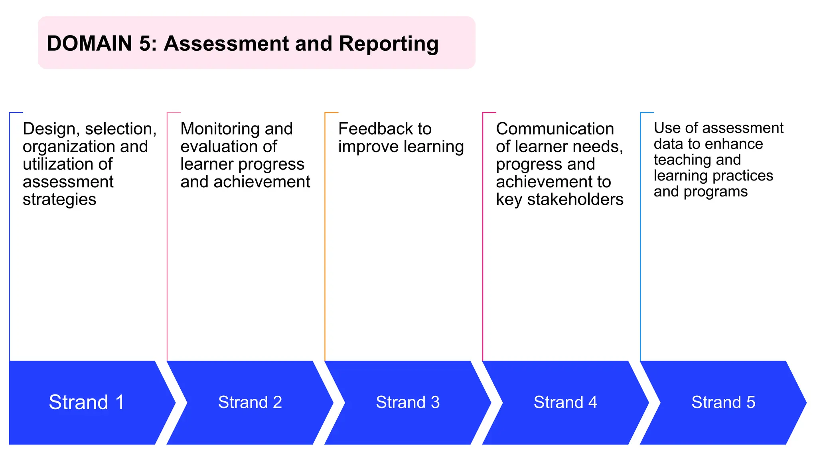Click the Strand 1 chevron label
point(87,402)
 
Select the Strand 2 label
point(250,402)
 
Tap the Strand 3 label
point(408,402)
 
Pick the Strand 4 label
point(565,402)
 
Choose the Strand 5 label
point(723,402)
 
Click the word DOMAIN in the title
point(89,44)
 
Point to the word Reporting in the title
point(389,44)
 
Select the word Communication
point(555,129)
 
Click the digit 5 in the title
point(144,44)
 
